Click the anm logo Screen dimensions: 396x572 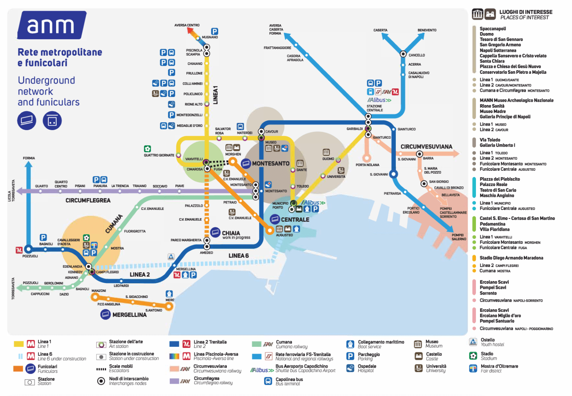[51, 25]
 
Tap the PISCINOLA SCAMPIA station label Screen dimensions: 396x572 [194, 52]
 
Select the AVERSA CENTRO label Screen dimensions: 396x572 [187, 25]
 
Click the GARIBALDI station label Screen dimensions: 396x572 [355, 129]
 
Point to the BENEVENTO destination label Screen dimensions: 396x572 [427, 30]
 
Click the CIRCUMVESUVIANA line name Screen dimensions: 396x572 [426, 147]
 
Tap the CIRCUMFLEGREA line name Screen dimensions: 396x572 [88, 201]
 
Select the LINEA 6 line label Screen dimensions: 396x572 [239, 256]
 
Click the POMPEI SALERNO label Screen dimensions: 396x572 [458, 237]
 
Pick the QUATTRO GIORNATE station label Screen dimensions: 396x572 [159, 155]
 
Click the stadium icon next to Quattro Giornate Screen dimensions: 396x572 [147, 149]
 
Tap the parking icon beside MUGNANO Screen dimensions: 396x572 [214, 32]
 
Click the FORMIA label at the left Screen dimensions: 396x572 [29, 158]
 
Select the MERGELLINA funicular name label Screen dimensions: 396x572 [129, 315]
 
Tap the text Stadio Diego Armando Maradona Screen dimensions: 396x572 [511, 258]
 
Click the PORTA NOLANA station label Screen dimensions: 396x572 [367, 165]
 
